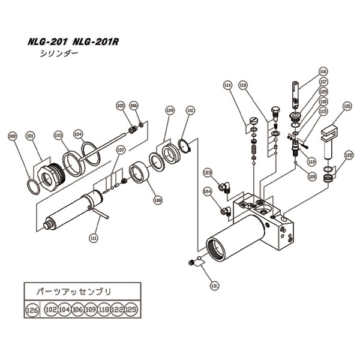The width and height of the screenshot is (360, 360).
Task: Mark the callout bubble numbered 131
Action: click(215, 286)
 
